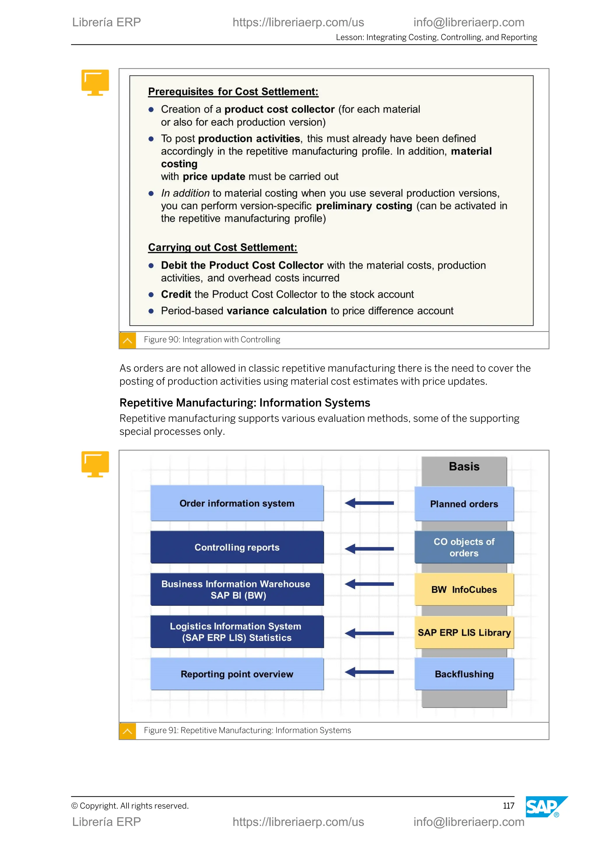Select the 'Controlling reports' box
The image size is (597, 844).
[237, 547]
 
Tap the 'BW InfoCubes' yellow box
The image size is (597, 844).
[464, 589]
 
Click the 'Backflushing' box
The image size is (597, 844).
[464, 674]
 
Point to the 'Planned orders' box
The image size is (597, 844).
[464, 504]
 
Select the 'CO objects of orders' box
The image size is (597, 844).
[464, 547]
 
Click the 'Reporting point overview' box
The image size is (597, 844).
[237, 674]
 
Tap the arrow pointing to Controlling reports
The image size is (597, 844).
[369, 549]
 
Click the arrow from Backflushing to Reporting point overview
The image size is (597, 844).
[369, 672]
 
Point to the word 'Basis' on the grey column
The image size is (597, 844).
[464, 467]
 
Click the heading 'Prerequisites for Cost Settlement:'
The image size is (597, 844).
[233, 92]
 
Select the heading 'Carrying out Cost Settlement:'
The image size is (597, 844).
[222, 247]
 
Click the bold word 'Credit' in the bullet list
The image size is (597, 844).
[176, 294]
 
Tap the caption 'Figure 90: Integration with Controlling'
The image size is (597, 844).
[212, 340]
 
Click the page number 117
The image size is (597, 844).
[508, 806]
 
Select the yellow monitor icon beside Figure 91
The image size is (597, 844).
[95, 464]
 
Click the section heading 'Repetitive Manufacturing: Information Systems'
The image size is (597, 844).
[245, 403]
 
